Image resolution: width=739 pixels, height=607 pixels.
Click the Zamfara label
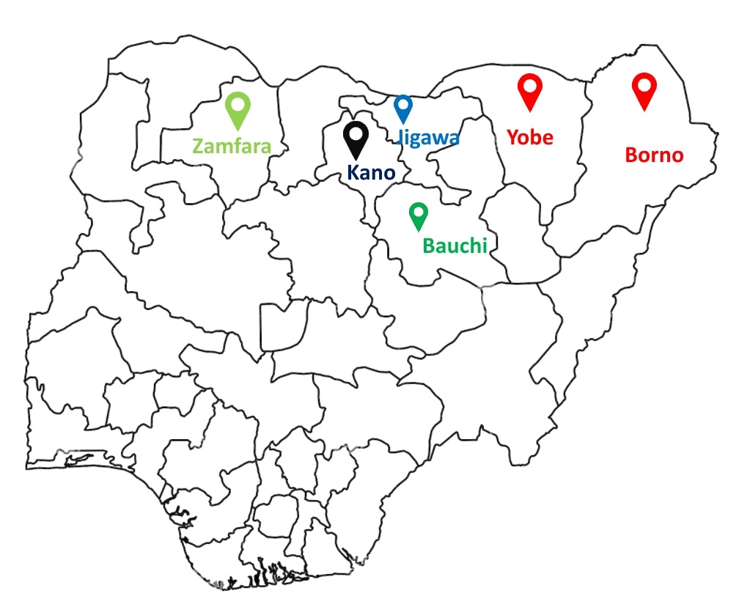[x=232, y=145]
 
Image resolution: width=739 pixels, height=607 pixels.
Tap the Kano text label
[x=370, y=173]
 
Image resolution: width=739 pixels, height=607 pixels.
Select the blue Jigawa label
[x=428, y=137]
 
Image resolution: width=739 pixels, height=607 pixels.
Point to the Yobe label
[x=530, y=137]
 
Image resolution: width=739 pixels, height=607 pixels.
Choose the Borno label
[x=654, y=155]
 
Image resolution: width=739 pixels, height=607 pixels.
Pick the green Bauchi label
[x=455, y=246]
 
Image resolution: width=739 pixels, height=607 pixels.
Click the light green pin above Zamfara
[x=238, y=110]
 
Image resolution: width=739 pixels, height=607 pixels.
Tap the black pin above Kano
[x=356, y=139]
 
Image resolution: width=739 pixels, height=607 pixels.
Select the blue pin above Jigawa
[x=402, y=109]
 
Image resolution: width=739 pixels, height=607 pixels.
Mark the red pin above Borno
[x=644, y=90]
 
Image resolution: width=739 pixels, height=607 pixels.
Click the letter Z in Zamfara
[x=198, y=146]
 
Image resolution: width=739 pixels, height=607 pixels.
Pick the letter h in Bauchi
[x=474, y=246]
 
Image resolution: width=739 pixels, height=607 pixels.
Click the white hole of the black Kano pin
[x=356, y=133]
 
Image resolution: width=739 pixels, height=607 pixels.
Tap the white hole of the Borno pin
[x=644, y=84]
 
